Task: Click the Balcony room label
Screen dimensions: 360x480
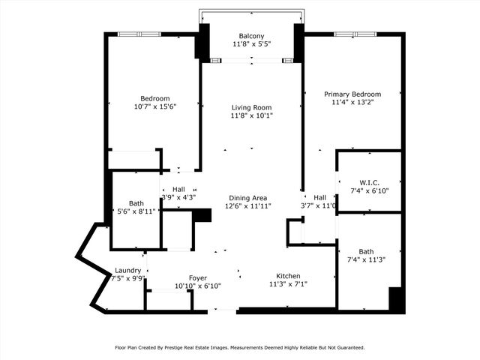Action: [251, 36]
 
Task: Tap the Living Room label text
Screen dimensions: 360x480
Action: [251, 107]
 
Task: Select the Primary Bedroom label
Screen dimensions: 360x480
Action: [352, 94]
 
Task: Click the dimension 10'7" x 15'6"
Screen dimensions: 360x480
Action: [155, 106]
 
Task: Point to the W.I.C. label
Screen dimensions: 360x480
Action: [369, 182]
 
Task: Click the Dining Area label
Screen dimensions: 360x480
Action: [250, 197]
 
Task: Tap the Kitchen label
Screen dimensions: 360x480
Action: [288, 275]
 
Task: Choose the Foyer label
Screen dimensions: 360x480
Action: [197, 277]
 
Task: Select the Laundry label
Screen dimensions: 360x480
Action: [127, 271]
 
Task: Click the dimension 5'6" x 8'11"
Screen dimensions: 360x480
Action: [136, 211]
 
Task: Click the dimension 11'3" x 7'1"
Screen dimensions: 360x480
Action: [288, 284]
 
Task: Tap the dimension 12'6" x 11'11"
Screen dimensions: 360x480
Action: [250, 205]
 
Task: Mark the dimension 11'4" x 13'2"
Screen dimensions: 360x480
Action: [352, 103]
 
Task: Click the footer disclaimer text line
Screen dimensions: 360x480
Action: [240, 347]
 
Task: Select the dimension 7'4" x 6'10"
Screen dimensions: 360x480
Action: [369, 190]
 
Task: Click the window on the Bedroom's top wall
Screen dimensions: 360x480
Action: [139, 34]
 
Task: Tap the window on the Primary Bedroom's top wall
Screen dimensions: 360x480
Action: [355, 34]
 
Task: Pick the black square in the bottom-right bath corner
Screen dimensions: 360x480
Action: [397, 299]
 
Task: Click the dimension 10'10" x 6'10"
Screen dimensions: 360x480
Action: [197, 286]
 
